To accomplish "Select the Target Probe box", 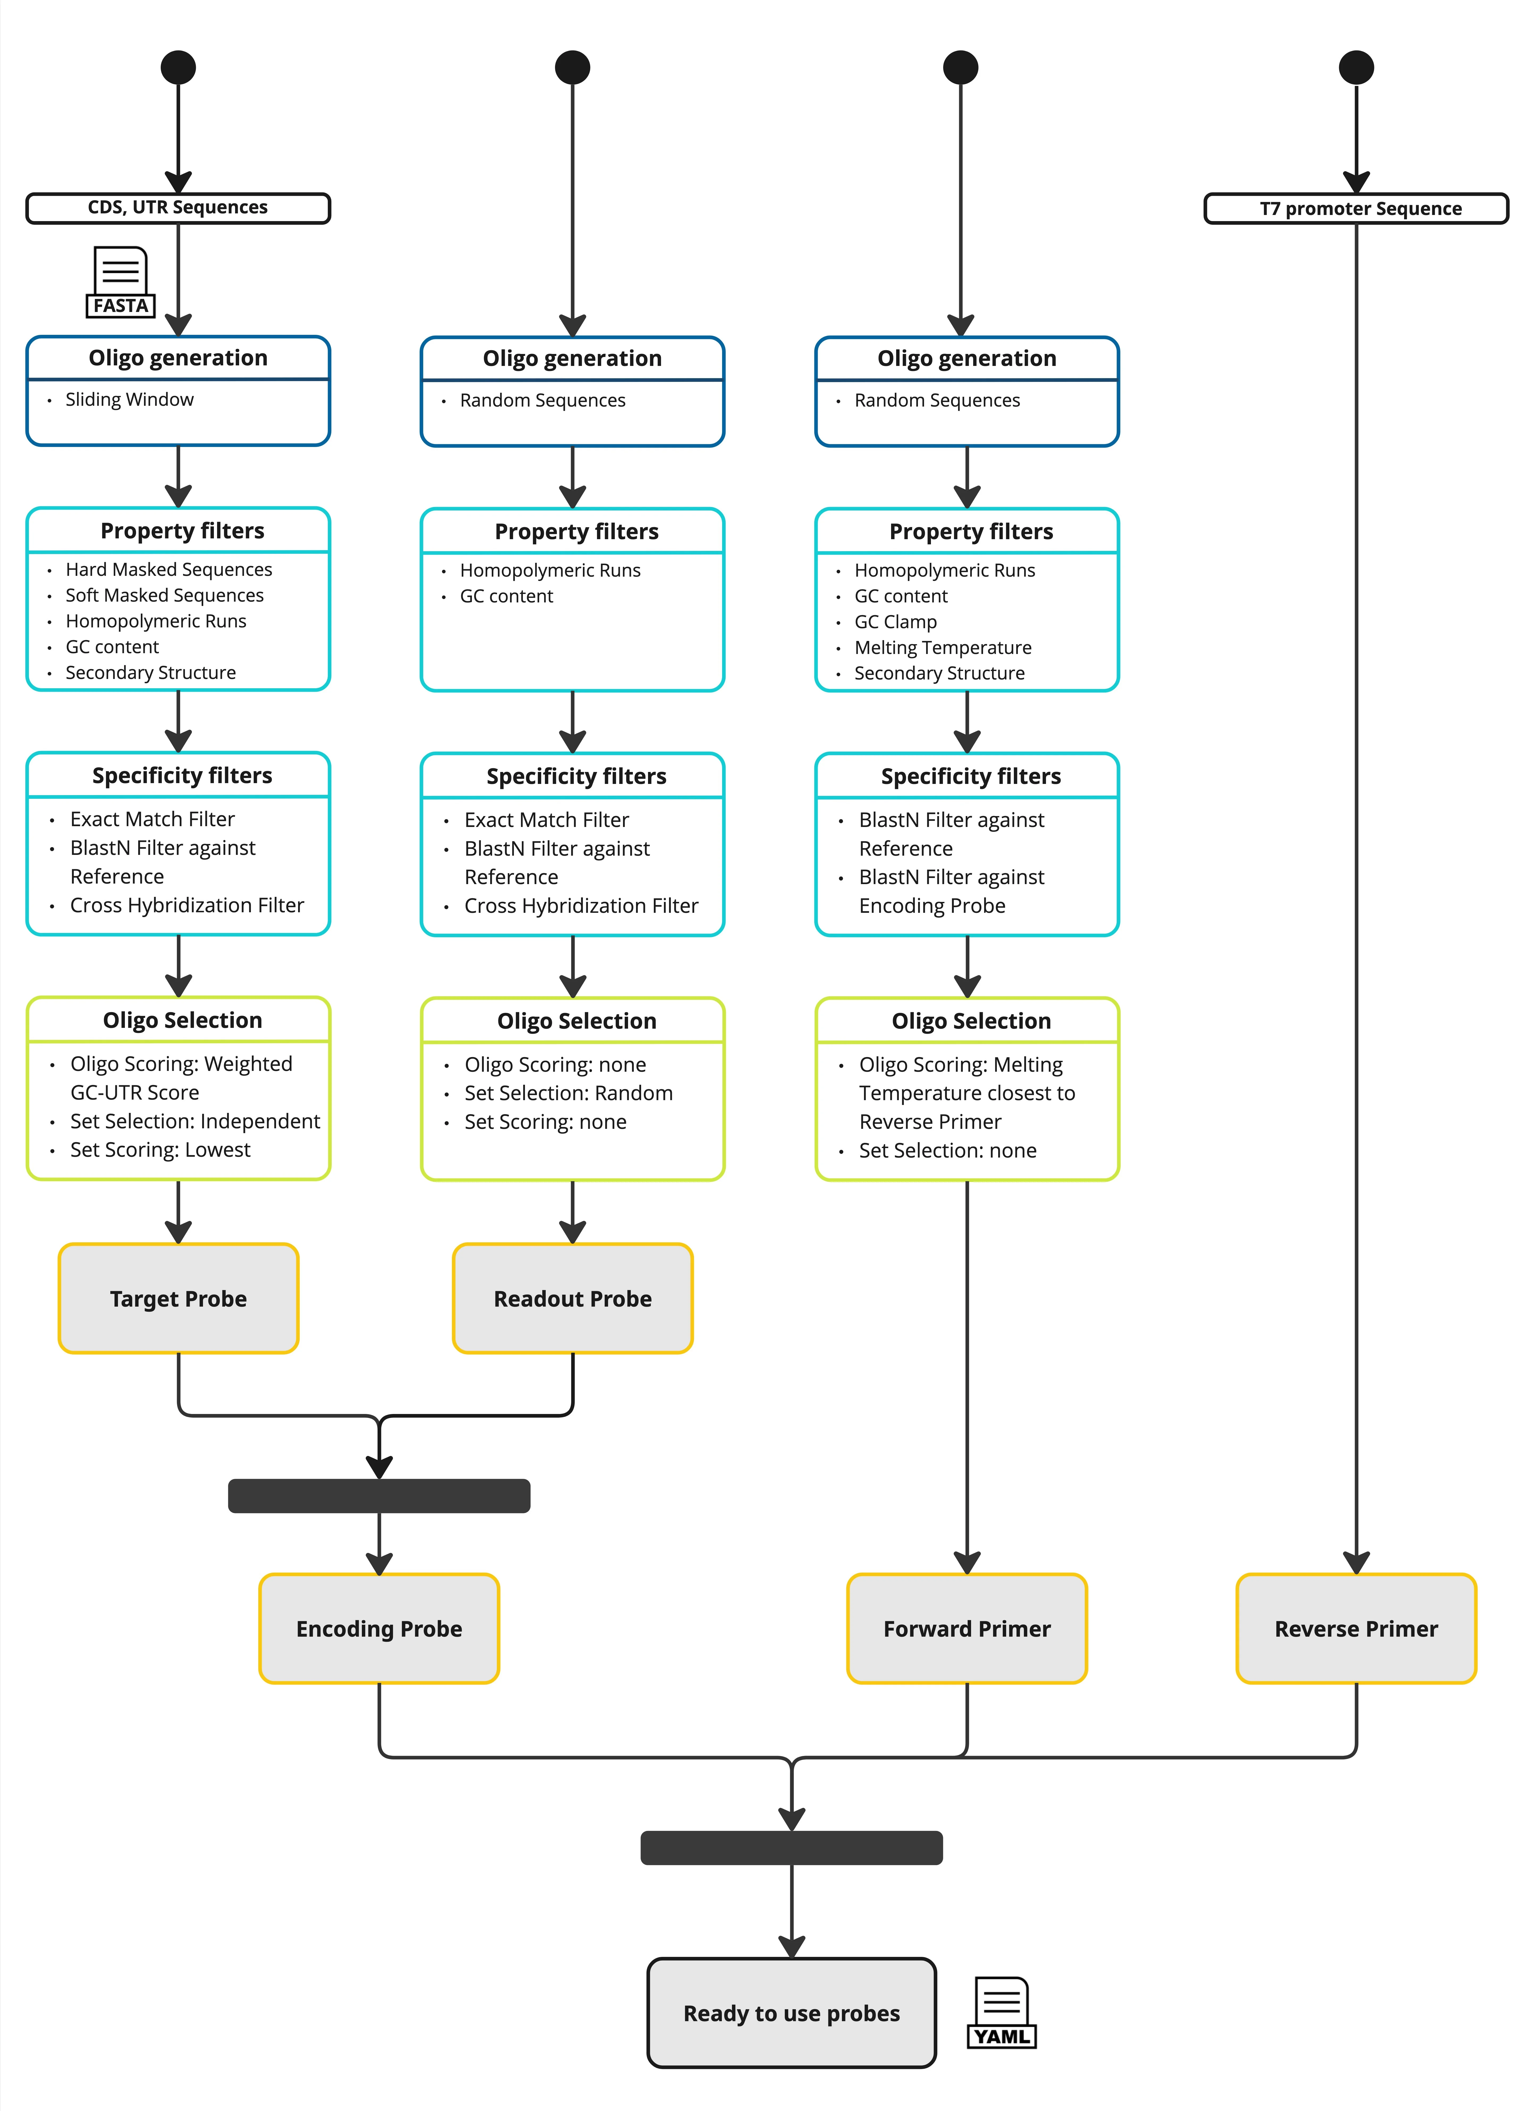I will pos(179,1298).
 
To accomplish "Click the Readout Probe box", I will pos(572,1298).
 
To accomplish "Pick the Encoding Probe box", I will pos(379,1629).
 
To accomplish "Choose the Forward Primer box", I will pos(967,1629).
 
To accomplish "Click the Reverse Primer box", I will pos(1356,1629).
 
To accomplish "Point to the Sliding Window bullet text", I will pos(129,399).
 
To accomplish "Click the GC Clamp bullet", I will pos(895,622).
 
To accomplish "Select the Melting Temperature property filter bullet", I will pos(943,648).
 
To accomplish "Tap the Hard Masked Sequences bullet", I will pos(168,570).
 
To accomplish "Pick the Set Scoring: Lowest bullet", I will pos(160,1150).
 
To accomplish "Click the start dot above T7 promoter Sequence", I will pos(1356,67).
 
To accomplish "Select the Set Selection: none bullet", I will pos(947,1150).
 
